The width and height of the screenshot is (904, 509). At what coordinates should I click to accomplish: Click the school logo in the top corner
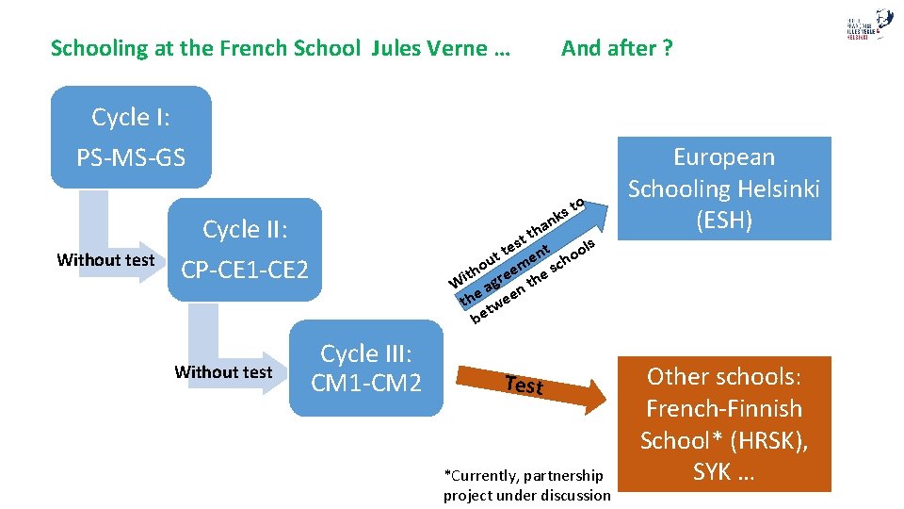[868, 25]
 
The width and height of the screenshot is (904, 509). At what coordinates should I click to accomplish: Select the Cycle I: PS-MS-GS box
[131, 137]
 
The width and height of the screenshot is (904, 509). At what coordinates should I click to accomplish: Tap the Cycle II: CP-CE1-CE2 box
[244, 250]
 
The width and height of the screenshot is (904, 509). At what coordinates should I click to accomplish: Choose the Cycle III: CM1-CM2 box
[365, 369]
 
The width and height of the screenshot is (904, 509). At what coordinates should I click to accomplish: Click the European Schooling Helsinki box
[723, 189]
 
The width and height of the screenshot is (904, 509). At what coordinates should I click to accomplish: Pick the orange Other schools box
[723, 423]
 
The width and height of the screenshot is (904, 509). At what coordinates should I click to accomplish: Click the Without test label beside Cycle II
[105, 260]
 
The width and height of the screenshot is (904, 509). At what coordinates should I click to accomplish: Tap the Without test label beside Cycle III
[223, 372]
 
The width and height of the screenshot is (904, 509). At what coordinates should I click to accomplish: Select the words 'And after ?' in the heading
[617, 48]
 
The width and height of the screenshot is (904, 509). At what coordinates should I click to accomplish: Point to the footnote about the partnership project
[526, 485]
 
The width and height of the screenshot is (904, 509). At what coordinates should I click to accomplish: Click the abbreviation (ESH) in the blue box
[723, 221]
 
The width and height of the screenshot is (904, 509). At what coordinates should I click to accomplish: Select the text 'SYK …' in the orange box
[723, 472]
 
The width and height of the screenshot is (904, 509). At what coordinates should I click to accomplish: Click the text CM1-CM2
[365, 384]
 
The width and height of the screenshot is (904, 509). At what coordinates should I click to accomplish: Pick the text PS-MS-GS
[131, 156]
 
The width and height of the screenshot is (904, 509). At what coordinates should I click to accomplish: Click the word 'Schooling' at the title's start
[96, 48]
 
